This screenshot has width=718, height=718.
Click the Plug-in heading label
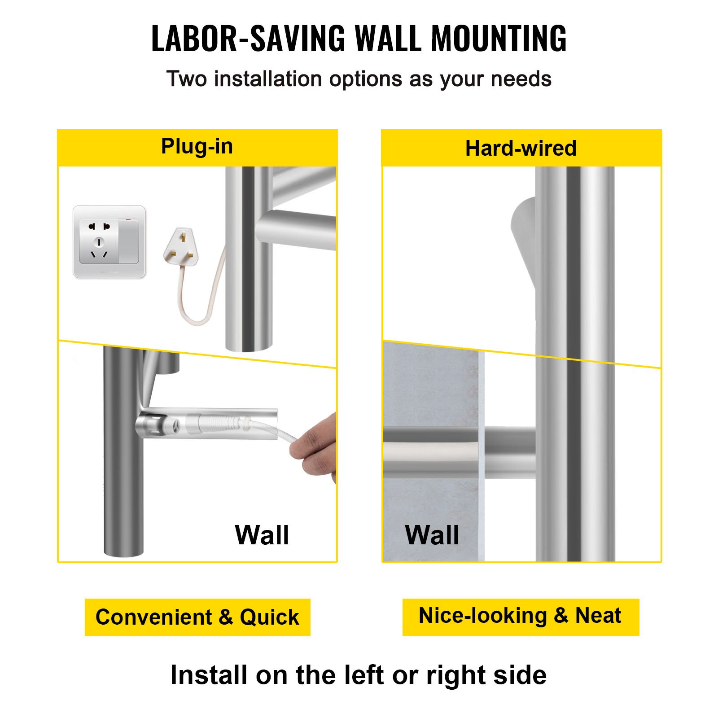coord(197,146)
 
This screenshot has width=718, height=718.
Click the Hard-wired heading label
coord(521,148)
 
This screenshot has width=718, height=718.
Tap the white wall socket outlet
coord(109,241)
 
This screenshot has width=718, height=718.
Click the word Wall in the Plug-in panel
coord(262,535)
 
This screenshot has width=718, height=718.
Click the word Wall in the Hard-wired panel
coord(432,535)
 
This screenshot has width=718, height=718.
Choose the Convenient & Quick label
coord(197,617)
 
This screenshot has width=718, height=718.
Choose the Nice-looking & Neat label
coord(520,616)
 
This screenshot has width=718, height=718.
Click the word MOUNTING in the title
coord(499,38)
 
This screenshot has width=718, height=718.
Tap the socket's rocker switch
coord(129,241)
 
